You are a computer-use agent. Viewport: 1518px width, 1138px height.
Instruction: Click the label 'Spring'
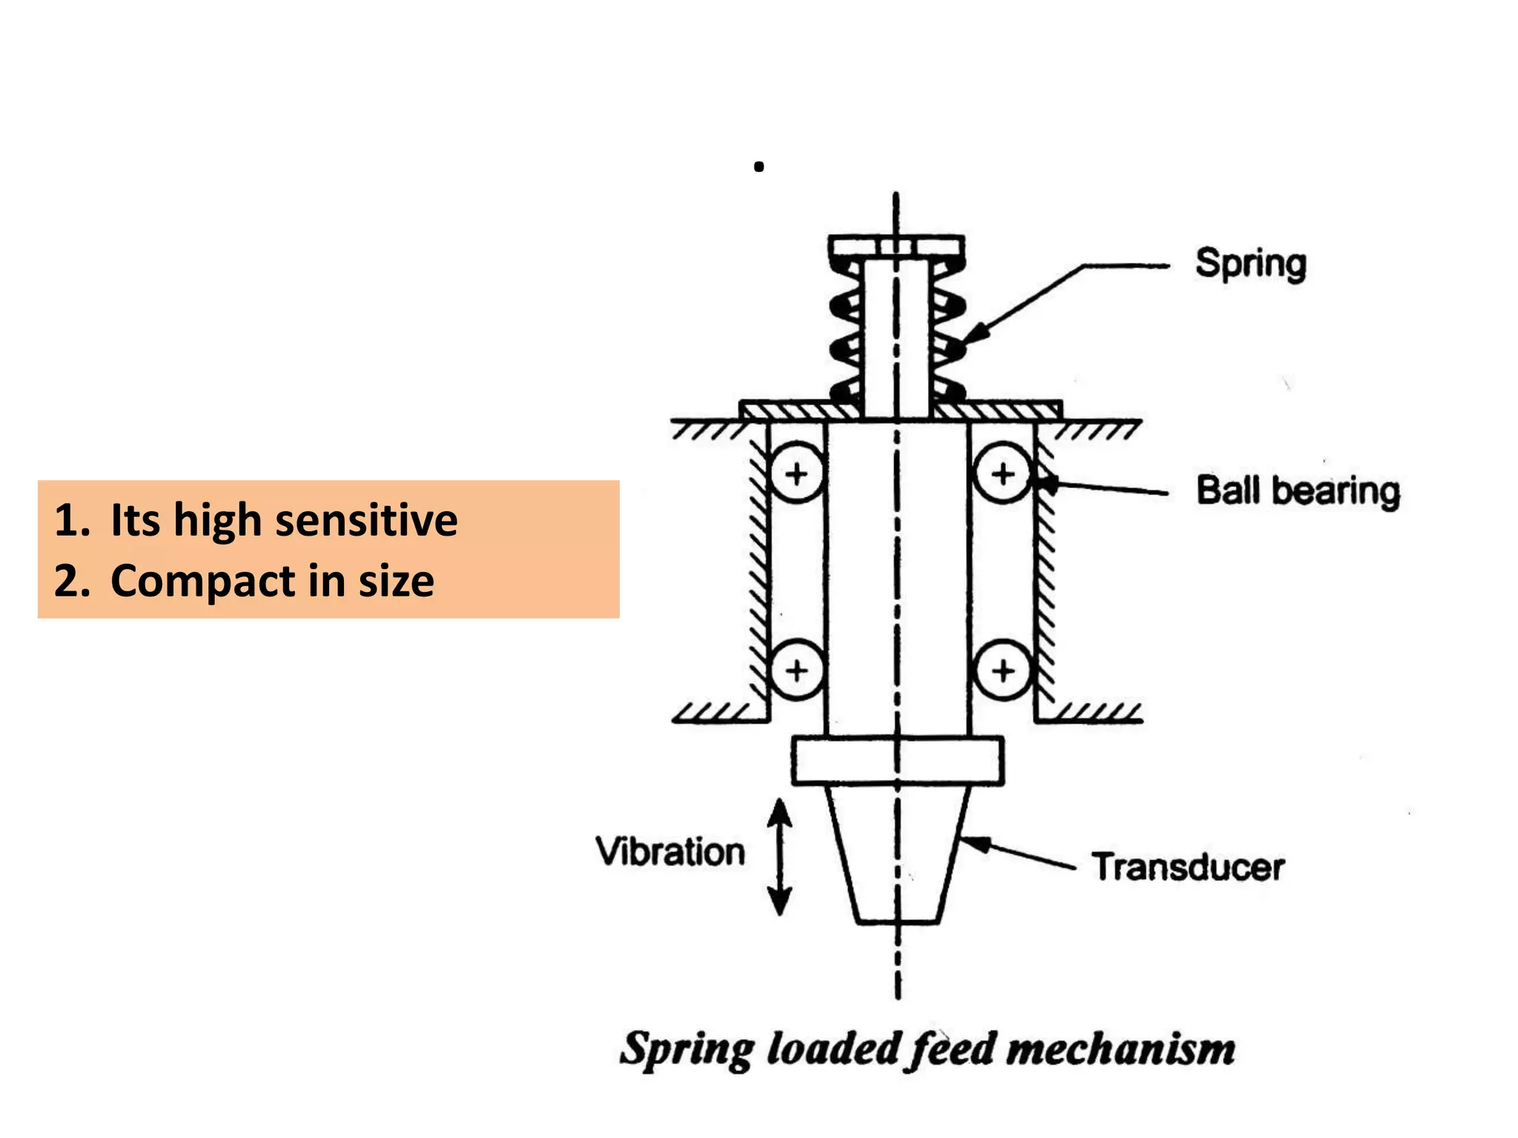coord(1250,264)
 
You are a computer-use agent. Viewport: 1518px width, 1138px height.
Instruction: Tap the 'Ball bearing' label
coord(1298,491)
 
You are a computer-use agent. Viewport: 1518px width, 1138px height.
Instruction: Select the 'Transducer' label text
coord(1187,867)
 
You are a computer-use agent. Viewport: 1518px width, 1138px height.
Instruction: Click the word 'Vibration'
coord(670,851)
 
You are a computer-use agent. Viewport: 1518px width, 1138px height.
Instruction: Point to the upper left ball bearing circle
coord(797,474)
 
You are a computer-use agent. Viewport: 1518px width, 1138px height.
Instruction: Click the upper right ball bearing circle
coord(1003,474)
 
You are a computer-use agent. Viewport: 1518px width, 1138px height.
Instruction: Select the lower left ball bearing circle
coord(797,671)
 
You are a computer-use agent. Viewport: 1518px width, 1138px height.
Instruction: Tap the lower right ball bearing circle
coord(1003,671)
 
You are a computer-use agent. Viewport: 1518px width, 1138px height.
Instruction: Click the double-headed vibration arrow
coord(779,857)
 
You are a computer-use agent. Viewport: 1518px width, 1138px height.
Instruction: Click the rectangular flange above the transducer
coord(898,760)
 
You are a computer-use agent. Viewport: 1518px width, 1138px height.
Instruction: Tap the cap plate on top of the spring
coord(896,245)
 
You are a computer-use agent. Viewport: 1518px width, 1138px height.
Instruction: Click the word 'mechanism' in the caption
coord(1121,1050)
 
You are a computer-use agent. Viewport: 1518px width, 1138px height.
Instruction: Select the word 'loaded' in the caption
coord(832,1050)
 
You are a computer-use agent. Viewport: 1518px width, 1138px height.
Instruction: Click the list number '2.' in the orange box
coord(72,581)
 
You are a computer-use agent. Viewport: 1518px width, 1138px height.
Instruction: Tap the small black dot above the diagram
coord(758,167)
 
